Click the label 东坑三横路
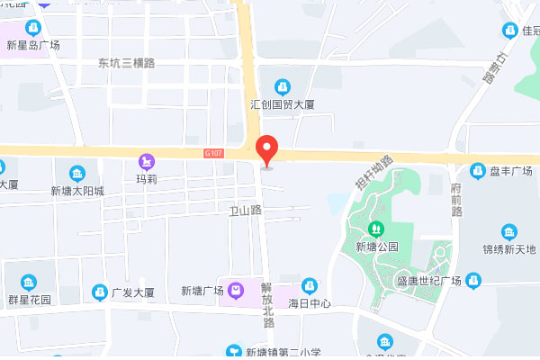pyautogui.click(x=127, y=63)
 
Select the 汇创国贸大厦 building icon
pyautogui.click(x=283, y=86)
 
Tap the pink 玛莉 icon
pyautogui.click(x=145, y=161)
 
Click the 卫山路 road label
pyautogui.click(x=245, y=210)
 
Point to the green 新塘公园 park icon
pyautogui.click(x=376, y=229)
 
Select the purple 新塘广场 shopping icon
pyautogui.click(x=236, y=291)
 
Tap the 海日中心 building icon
pyautogui.click(x=310, y=285)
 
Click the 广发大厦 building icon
pyautogui.click(x=99, y=292)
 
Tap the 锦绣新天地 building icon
pyautogui.click(x=509, y=231)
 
